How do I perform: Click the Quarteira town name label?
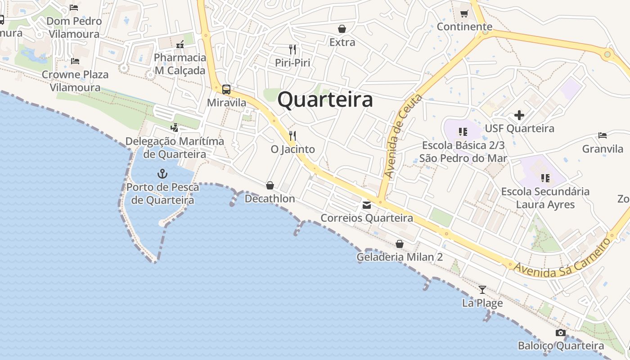pos(325,100)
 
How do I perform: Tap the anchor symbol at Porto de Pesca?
pos(162,173)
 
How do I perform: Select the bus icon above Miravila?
pos(226,89)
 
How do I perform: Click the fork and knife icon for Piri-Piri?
pos(293,49)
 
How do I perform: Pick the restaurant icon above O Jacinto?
pos(292,135)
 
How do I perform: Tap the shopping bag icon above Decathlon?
pos(270,185)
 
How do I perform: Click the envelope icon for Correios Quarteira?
pos(366,205)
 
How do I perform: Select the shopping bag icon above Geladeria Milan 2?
pos(399,244)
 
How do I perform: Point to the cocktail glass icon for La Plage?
pos(482,289)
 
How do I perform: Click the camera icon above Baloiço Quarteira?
pos(560,333)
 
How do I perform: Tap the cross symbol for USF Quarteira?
pos(519,115)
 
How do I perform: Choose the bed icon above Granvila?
pos(603,135)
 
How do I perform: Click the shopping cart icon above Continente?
pos(464,13)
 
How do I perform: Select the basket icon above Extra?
pos(342,29)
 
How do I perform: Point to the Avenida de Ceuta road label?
pos(403,135)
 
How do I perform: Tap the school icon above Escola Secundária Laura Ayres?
pos(545,178)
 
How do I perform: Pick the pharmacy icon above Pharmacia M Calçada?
pos(180,44)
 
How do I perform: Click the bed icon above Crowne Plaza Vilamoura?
pos(75,61)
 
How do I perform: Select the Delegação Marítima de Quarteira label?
pos(175,148)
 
